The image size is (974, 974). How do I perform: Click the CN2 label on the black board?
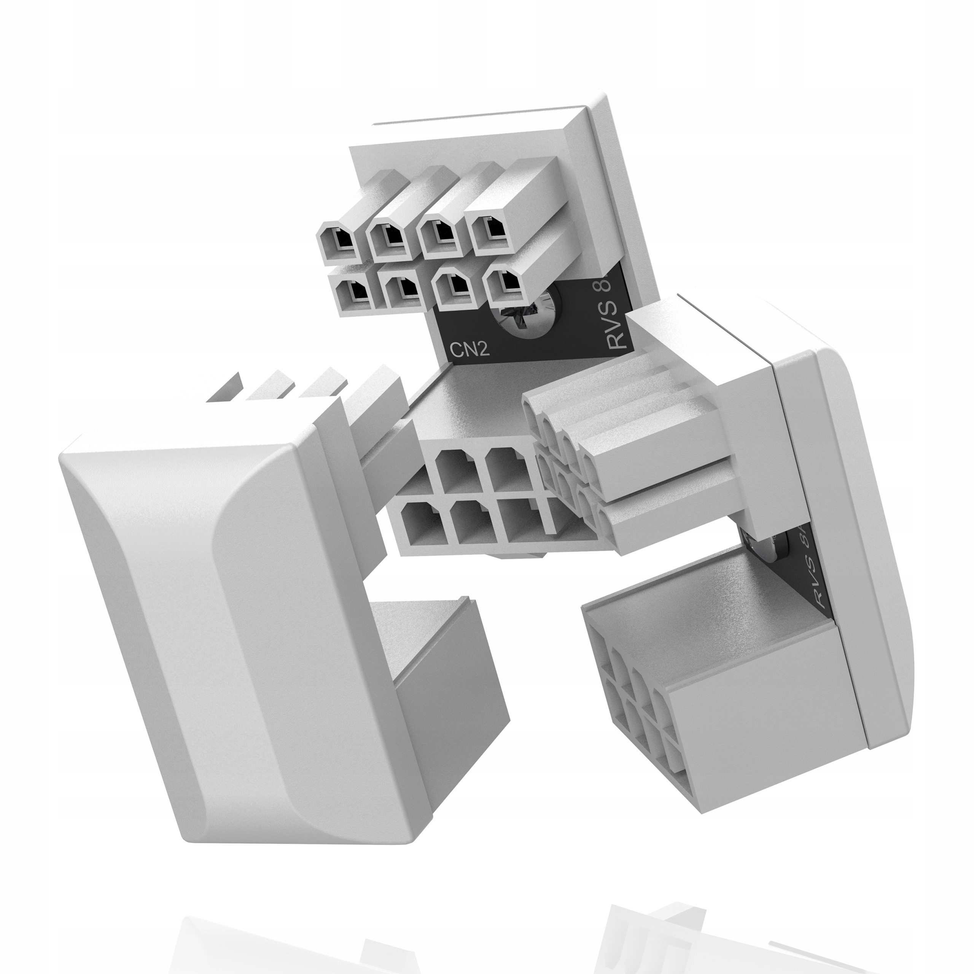[469, 349]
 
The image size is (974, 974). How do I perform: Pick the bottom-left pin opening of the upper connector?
[356, 293]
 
